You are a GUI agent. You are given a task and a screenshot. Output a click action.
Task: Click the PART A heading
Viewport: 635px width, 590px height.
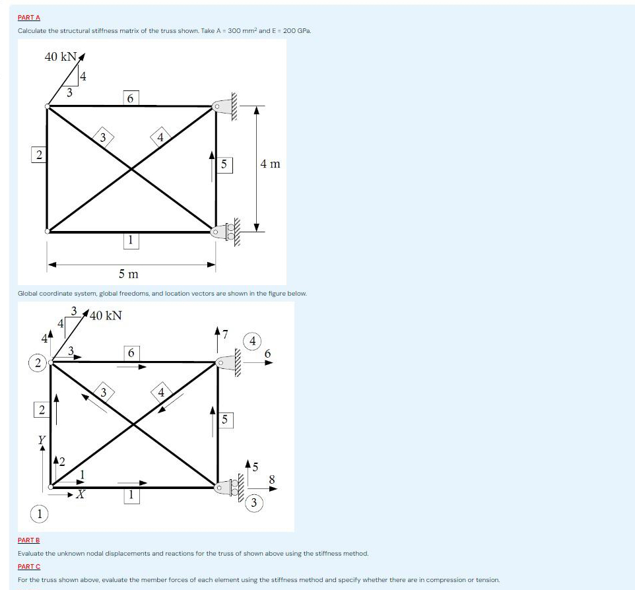point(29,18)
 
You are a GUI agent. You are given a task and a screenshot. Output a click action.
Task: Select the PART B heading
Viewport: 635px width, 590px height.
point(29,540)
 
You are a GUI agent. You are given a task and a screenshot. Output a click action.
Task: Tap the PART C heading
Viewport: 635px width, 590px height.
point(29,566)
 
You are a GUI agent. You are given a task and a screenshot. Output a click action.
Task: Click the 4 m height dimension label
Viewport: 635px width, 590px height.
point(270,163)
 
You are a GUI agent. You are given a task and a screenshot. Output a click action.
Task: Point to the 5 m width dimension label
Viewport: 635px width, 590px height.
point(128,273)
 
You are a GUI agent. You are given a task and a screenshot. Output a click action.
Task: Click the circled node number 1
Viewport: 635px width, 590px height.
point(41,513)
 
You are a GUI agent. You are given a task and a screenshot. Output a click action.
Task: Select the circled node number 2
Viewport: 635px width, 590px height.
point(37,362)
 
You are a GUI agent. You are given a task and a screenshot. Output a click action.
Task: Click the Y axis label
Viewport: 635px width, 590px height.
point(42,439)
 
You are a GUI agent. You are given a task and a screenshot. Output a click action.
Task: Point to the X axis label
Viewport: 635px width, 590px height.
point(79,494)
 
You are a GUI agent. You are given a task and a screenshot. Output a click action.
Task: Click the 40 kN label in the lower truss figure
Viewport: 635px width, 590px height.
point(106,315)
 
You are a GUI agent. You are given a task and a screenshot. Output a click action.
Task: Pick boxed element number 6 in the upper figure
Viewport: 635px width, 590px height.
point(130,98)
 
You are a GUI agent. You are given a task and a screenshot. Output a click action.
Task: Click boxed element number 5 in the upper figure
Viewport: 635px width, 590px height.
point(224,164)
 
